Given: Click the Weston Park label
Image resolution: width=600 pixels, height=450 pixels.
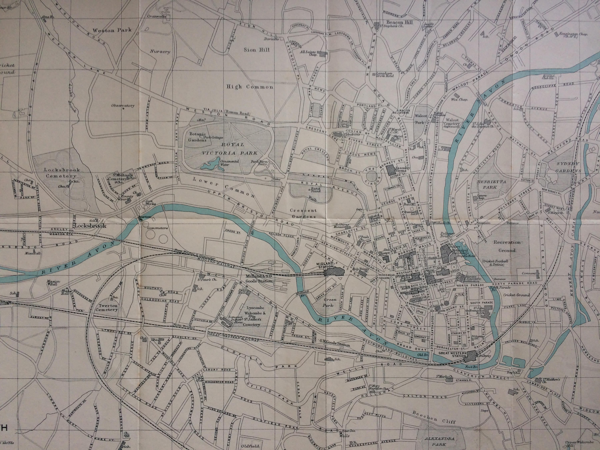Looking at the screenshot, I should tap(112, 30).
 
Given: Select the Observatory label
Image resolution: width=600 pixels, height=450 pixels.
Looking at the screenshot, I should tap(123, 106).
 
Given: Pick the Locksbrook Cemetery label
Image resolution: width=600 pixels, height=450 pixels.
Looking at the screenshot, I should tap(62, 173).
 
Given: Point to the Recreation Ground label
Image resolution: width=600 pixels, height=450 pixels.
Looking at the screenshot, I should tap(507, 246).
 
